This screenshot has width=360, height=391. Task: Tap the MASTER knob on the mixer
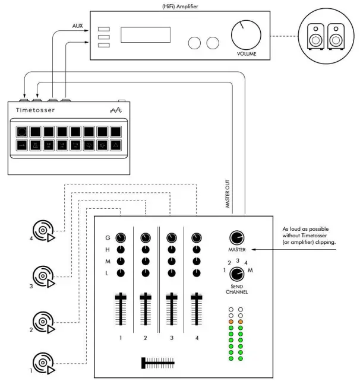[x=237, y=238]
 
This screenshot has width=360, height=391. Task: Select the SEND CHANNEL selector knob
[x=237, y=274]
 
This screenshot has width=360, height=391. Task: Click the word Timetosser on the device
[x=36, y=110]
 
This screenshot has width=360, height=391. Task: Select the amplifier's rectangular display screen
[x=146, y=34]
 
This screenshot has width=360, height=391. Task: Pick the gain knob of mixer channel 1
[x=121, y=238]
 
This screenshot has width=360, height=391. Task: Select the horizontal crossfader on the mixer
[x=157, y=361]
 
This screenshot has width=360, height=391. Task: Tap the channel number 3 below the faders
[x=171, y=338]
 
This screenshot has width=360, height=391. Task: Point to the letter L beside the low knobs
[x=107, y=273]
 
